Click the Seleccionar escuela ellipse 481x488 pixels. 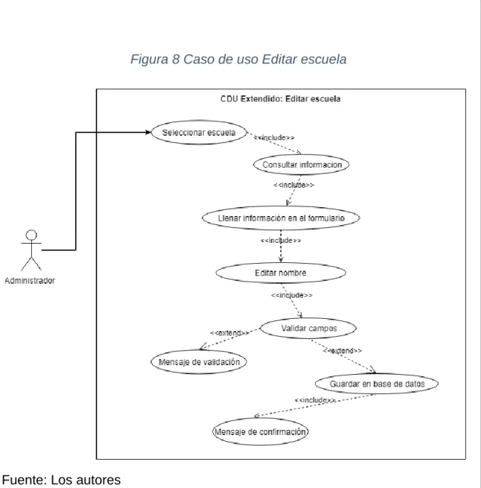click(x=199, y=133)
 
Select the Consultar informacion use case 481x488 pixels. click(x=301, y=165)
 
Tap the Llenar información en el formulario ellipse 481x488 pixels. click(x=281, y=218)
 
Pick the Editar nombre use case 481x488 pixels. click(x=281, y=273)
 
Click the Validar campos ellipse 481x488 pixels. click(x=308, y=328)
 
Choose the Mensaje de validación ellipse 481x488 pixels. click(x=199, y=362)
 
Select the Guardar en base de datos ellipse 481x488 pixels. click(x=377, y=384)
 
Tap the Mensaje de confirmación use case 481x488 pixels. click(x=261, y=431)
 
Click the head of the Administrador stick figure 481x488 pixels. click(x=31, y=235)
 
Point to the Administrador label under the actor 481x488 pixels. click(x=30, y=281)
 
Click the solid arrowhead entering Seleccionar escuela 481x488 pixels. click(x=148, y=133)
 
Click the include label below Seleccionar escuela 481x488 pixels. click(x=274, y=138)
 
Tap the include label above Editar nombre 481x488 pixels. click(x=281, y=241)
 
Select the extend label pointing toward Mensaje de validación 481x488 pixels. click(x=229, y=333)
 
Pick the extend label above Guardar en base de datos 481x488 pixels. click(x=343, y=351)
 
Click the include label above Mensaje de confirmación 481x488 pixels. click(x=315, y=400)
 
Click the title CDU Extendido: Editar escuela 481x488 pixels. click(x=280, y=99)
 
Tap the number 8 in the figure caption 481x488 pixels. click(x=176, y=59)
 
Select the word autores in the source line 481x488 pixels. click(x=99, y=480)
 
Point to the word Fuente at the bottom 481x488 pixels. click(x=25, y=480)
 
